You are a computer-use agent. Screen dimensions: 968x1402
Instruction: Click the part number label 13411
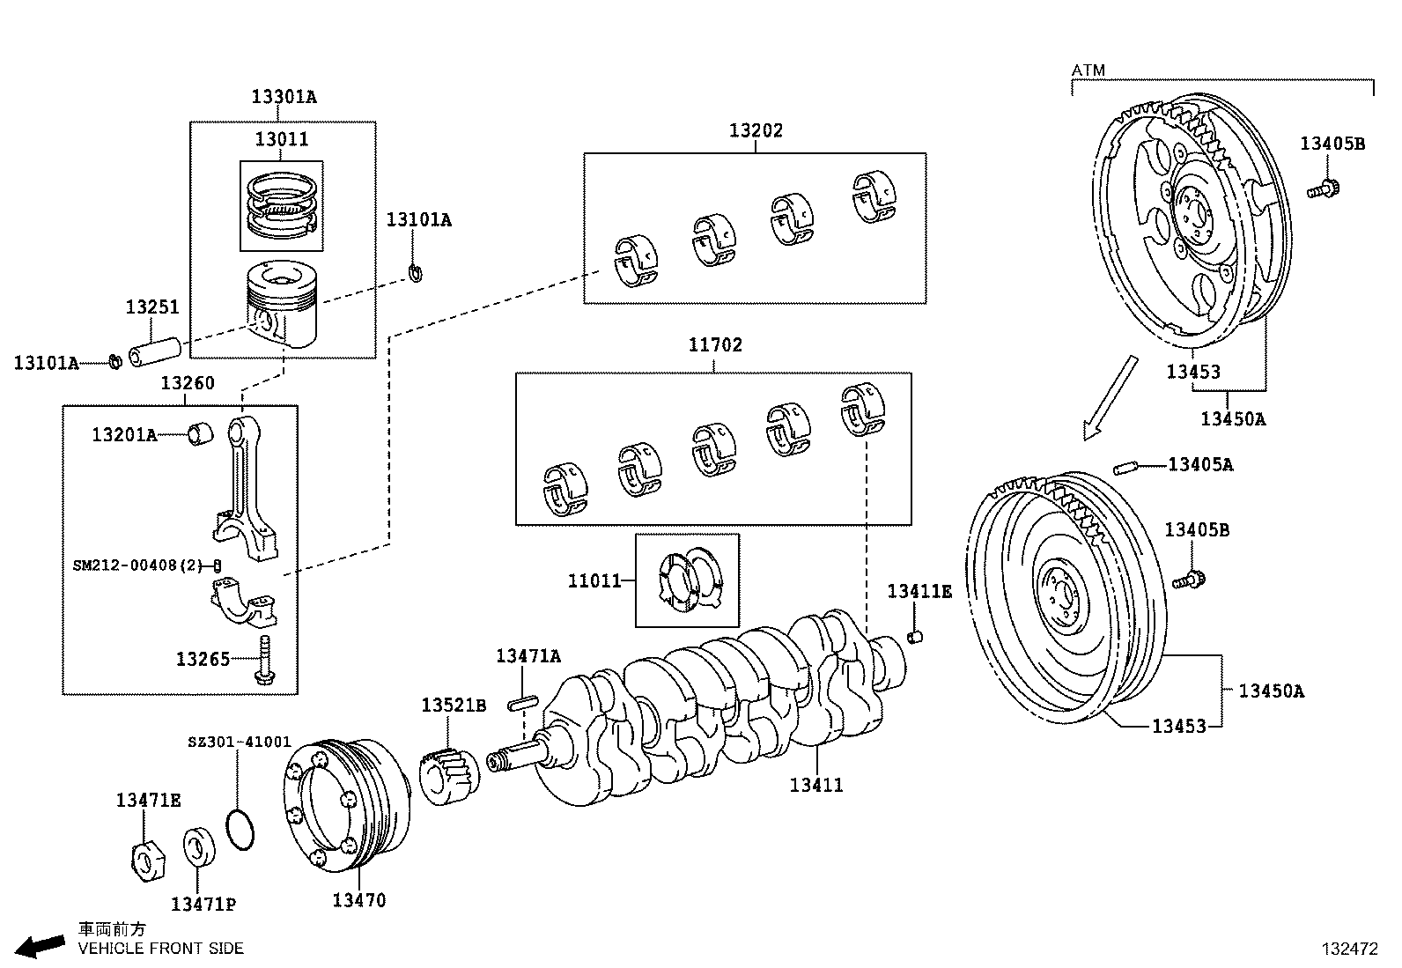[x=816, y=785]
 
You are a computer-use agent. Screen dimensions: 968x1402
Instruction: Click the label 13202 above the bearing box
[x=756, y=130]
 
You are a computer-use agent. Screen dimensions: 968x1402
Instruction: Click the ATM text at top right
[x=1088, y=70]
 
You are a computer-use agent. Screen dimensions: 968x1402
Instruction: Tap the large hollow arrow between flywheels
[x=1112, y=395]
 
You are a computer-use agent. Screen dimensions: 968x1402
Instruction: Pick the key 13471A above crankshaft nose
[x=523, y=703]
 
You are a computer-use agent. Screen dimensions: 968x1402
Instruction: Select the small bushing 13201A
[x=202, y=433]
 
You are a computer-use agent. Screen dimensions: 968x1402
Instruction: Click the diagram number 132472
[x=1348, y=949]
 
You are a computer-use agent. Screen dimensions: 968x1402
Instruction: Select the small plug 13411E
[x=914, y=636]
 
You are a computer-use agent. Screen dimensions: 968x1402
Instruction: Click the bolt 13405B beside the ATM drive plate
[x=1322, y=187]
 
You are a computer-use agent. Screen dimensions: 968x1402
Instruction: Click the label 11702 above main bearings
[x=715, y=345]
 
